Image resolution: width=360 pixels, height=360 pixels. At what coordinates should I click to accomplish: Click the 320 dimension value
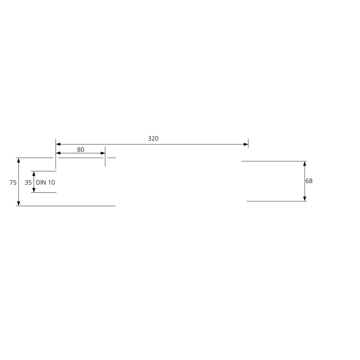click(x=153, y=139)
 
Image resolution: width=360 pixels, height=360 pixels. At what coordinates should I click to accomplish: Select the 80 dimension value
click(x=81, y=149)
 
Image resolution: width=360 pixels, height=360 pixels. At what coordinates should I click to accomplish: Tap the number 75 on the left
click(x=13, y=183)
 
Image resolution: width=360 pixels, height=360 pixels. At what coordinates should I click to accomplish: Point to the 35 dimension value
click(x=28, y=183)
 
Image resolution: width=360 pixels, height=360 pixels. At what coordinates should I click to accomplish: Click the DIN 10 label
click(x=45, y=183)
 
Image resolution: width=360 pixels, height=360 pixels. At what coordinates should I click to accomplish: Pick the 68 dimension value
click(x=309, y=181)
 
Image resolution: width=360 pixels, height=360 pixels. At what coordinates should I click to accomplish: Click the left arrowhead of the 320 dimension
click(x=58, y=144)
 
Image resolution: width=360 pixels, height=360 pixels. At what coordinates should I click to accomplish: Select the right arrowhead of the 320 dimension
click(x=246, y=144)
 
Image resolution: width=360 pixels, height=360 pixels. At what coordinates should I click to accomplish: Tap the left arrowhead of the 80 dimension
click(x=58, y=153)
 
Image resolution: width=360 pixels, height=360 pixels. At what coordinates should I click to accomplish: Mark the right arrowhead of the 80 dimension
click(x=103, y=153)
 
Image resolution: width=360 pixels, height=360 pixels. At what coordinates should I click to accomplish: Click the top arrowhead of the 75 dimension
click(x=18, y=160)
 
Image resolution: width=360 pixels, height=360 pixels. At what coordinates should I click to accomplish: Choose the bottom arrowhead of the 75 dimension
click(x=18, y=203)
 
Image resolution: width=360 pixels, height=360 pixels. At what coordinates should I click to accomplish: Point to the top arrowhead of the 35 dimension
click(x=34, y=174)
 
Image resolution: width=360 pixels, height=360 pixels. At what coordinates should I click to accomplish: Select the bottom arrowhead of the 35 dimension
click(x=34, y=190)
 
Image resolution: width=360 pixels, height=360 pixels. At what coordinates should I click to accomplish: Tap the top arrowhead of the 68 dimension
click(x=305, y=163)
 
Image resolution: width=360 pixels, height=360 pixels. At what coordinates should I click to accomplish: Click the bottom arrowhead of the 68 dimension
click(x=305, y=199)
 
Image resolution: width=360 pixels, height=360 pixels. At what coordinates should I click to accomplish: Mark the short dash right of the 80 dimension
click(x=112, y=158)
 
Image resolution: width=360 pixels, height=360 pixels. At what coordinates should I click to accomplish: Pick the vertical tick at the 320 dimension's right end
click(x=248, y=143)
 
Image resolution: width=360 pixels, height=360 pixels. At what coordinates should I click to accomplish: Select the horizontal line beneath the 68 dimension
click(x=276, y=201)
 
